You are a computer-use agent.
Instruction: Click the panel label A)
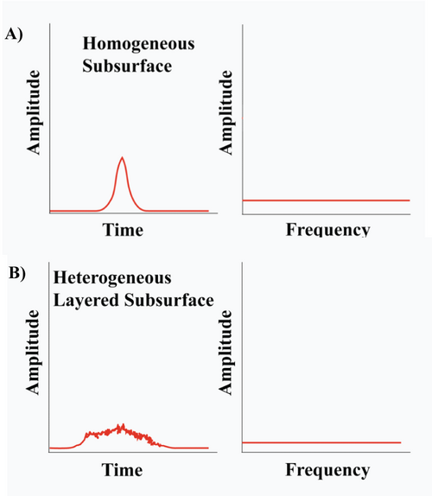click(x=14, y=35)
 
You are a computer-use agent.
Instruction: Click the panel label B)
click(x=17, y=274)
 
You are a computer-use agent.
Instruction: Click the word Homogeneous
click(x=138, y=44)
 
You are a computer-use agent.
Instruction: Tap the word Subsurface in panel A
click(x=127, y=67)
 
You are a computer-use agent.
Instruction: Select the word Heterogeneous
click(x=112, y=278)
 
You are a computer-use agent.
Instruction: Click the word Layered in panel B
click(x=86, y=301)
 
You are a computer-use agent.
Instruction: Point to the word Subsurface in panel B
click(x=168, y=300)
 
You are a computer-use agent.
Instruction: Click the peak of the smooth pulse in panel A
click(x=122, y=157)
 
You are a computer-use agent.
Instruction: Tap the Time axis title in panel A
click(x=123, y=230)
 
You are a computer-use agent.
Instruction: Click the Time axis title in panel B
click(x=122, y=470)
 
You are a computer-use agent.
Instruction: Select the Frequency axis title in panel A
click(x=328, y=230)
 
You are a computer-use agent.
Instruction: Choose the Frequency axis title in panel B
click(x=327, y=470)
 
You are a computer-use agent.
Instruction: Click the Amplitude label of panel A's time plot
click(x=34, y=112)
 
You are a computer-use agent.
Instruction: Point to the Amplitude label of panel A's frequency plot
click(x=226, y=112)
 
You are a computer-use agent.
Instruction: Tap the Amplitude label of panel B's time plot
click(x=33, y=353)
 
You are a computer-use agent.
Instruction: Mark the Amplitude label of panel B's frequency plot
click(x=226, y=353)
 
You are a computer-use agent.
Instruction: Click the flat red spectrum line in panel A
click(x=326, y=200)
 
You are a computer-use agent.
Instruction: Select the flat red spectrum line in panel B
click(x=321, y=442)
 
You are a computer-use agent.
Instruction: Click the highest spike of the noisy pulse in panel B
click(x=123, y=424)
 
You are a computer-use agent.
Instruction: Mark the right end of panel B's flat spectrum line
click(x=401, y=442)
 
